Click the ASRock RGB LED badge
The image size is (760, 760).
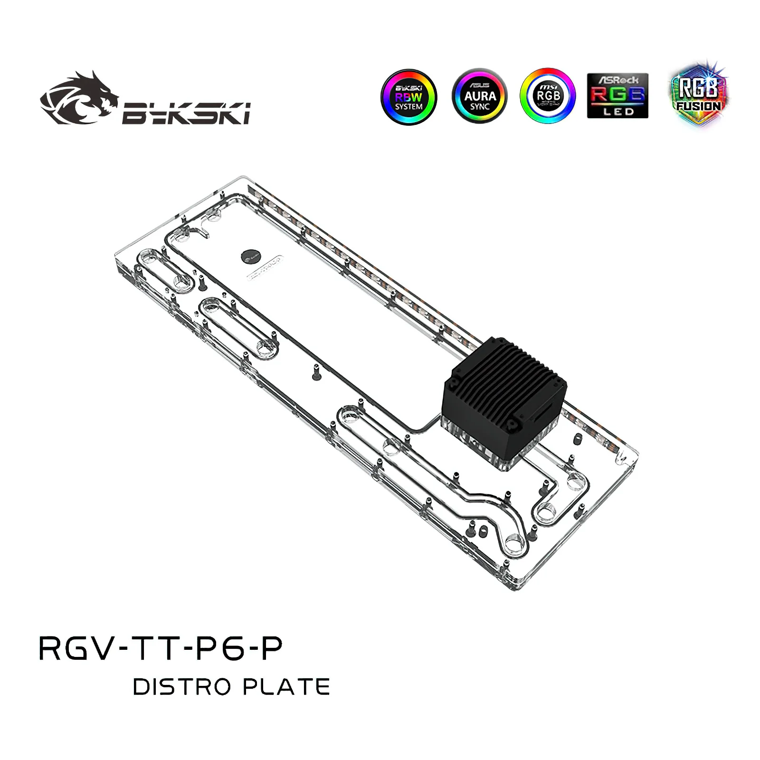[617, 95]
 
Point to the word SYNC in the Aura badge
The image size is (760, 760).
[479, 106]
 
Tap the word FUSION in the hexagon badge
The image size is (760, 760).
[699, 105]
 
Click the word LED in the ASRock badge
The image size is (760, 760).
[618, 112]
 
